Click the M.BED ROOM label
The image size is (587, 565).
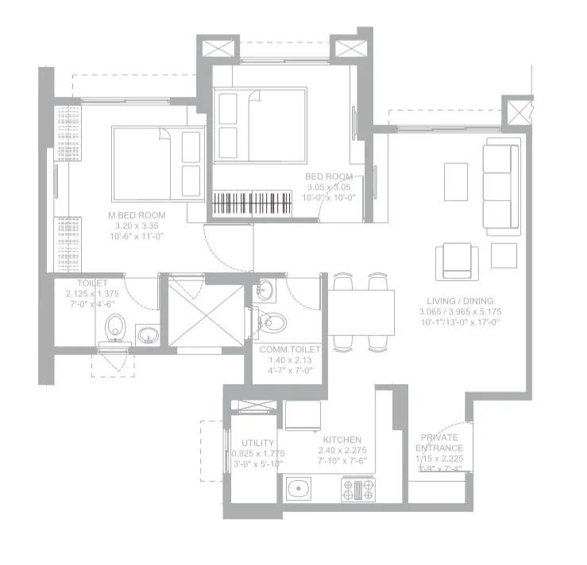point(137,215)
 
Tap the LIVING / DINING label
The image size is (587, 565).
point(459,301)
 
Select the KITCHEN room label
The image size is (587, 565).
point(342,440)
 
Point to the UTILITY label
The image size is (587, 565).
point(258,443)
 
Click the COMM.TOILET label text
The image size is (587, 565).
point(290,348)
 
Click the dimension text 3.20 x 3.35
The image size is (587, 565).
point(137,225)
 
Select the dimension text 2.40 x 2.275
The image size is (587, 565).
point(342,450)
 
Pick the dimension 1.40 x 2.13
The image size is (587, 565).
point(290,359)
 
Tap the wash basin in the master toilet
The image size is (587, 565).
point(147,335)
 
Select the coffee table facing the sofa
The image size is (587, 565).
point(456,182)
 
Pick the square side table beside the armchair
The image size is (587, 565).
point(504,255)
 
